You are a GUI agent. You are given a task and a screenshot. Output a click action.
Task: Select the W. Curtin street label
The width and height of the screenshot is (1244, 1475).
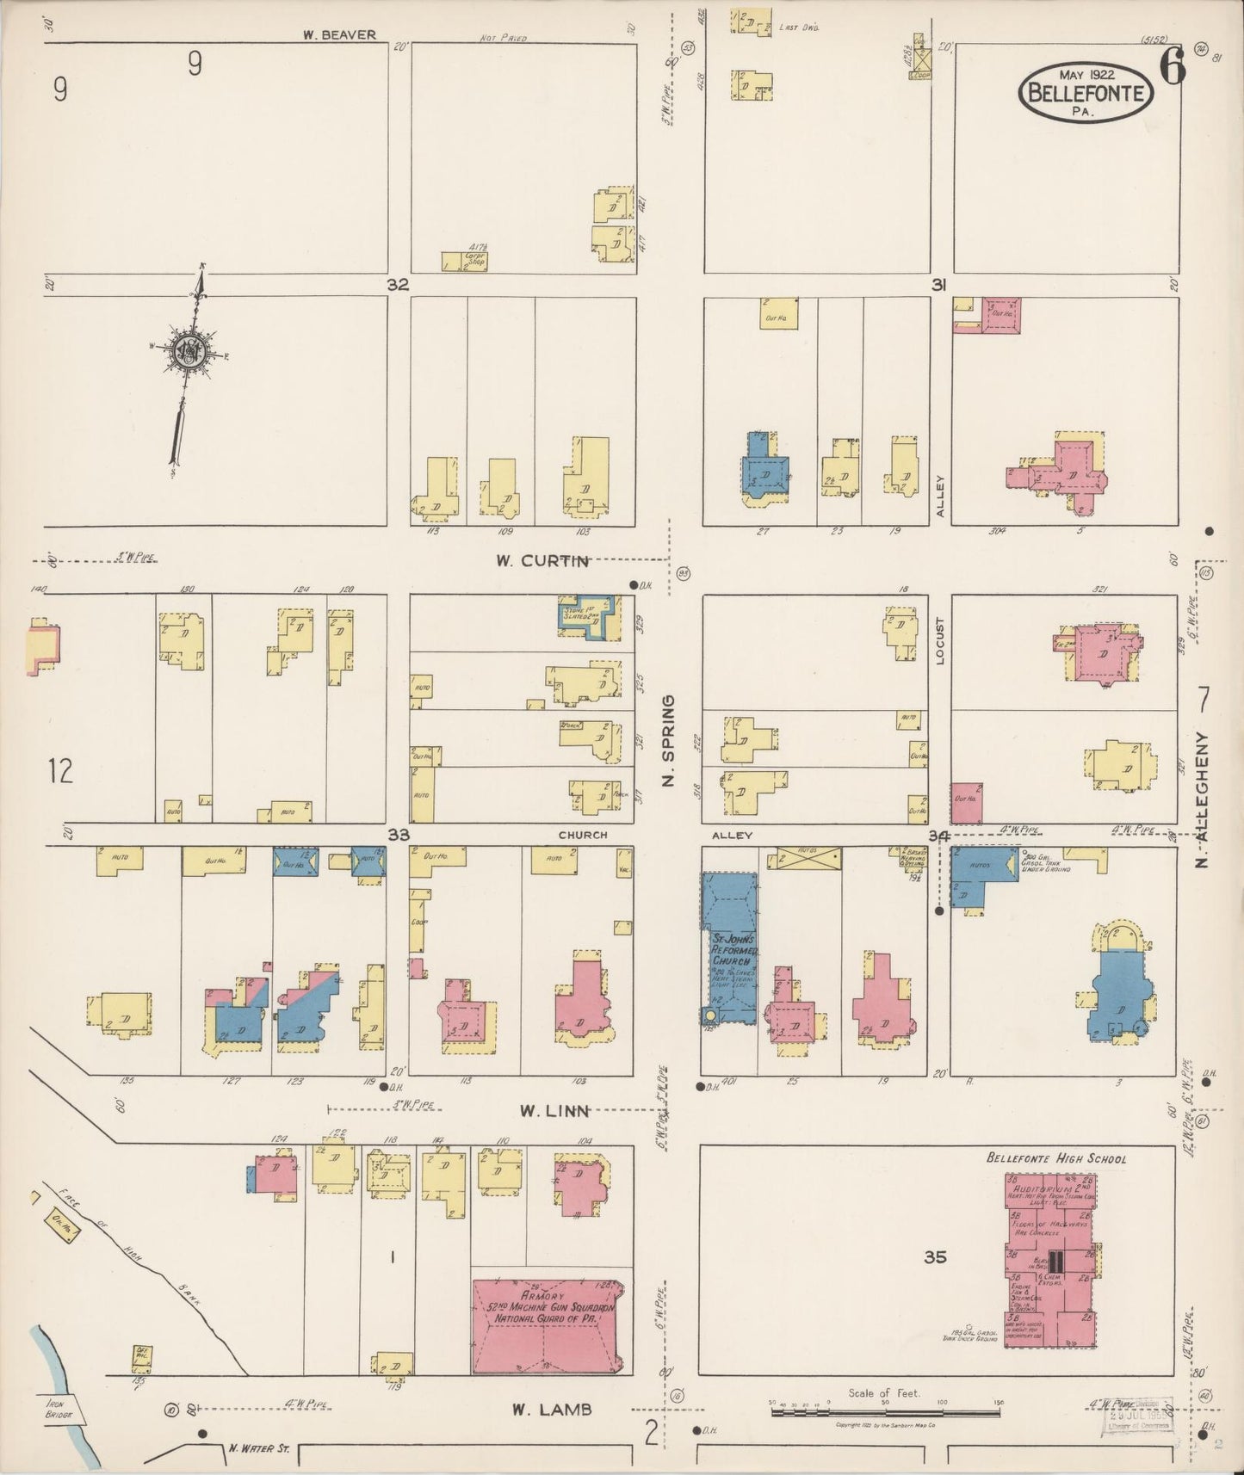[x=542, y=561]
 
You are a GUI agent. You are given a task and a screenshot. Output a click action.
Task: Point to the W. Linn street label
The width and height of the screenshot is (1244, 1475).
[x=554, y=1111]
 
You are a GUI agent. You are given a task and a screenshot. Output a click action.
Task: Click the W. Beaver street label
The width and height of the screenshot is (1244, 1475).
[x=338, y=35]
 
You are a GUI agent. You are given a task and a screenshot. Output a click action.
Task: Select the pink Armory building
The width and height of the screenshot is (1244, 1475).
[x=548, y=1327]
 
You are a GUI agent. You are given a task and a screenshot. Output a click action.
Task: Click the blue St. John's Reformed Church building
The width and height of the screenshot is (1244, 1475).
[x=730, y=947]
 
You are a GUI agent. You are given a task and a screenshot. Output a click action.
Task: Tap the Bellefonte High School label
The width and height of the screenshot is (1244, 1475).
[x=1055, y=1158]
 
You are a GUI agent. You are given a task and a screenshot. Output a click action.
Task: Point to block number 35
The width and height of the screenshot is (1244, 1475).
[x=935, y=1257]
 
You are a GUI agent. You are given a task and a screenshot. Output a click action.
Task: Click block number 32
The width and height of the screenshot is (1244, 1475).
[x=398, y=285]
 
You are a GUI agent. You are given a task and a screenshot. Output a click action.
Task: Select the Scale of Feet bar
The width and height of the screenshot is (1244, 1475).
[x=887, y=1411]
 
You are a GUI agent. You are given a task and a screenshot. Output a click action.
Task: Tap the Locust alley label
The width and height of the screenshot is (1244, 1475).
[x=940, y=641]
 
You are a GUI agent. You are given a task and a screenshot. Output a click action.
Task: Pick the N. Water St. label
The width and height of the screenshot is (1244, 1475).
[x=258, y=1449]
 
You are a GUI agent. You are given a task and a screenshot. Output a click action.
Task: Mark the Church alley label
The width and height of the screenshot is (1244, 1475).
[x=583, y=835]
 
